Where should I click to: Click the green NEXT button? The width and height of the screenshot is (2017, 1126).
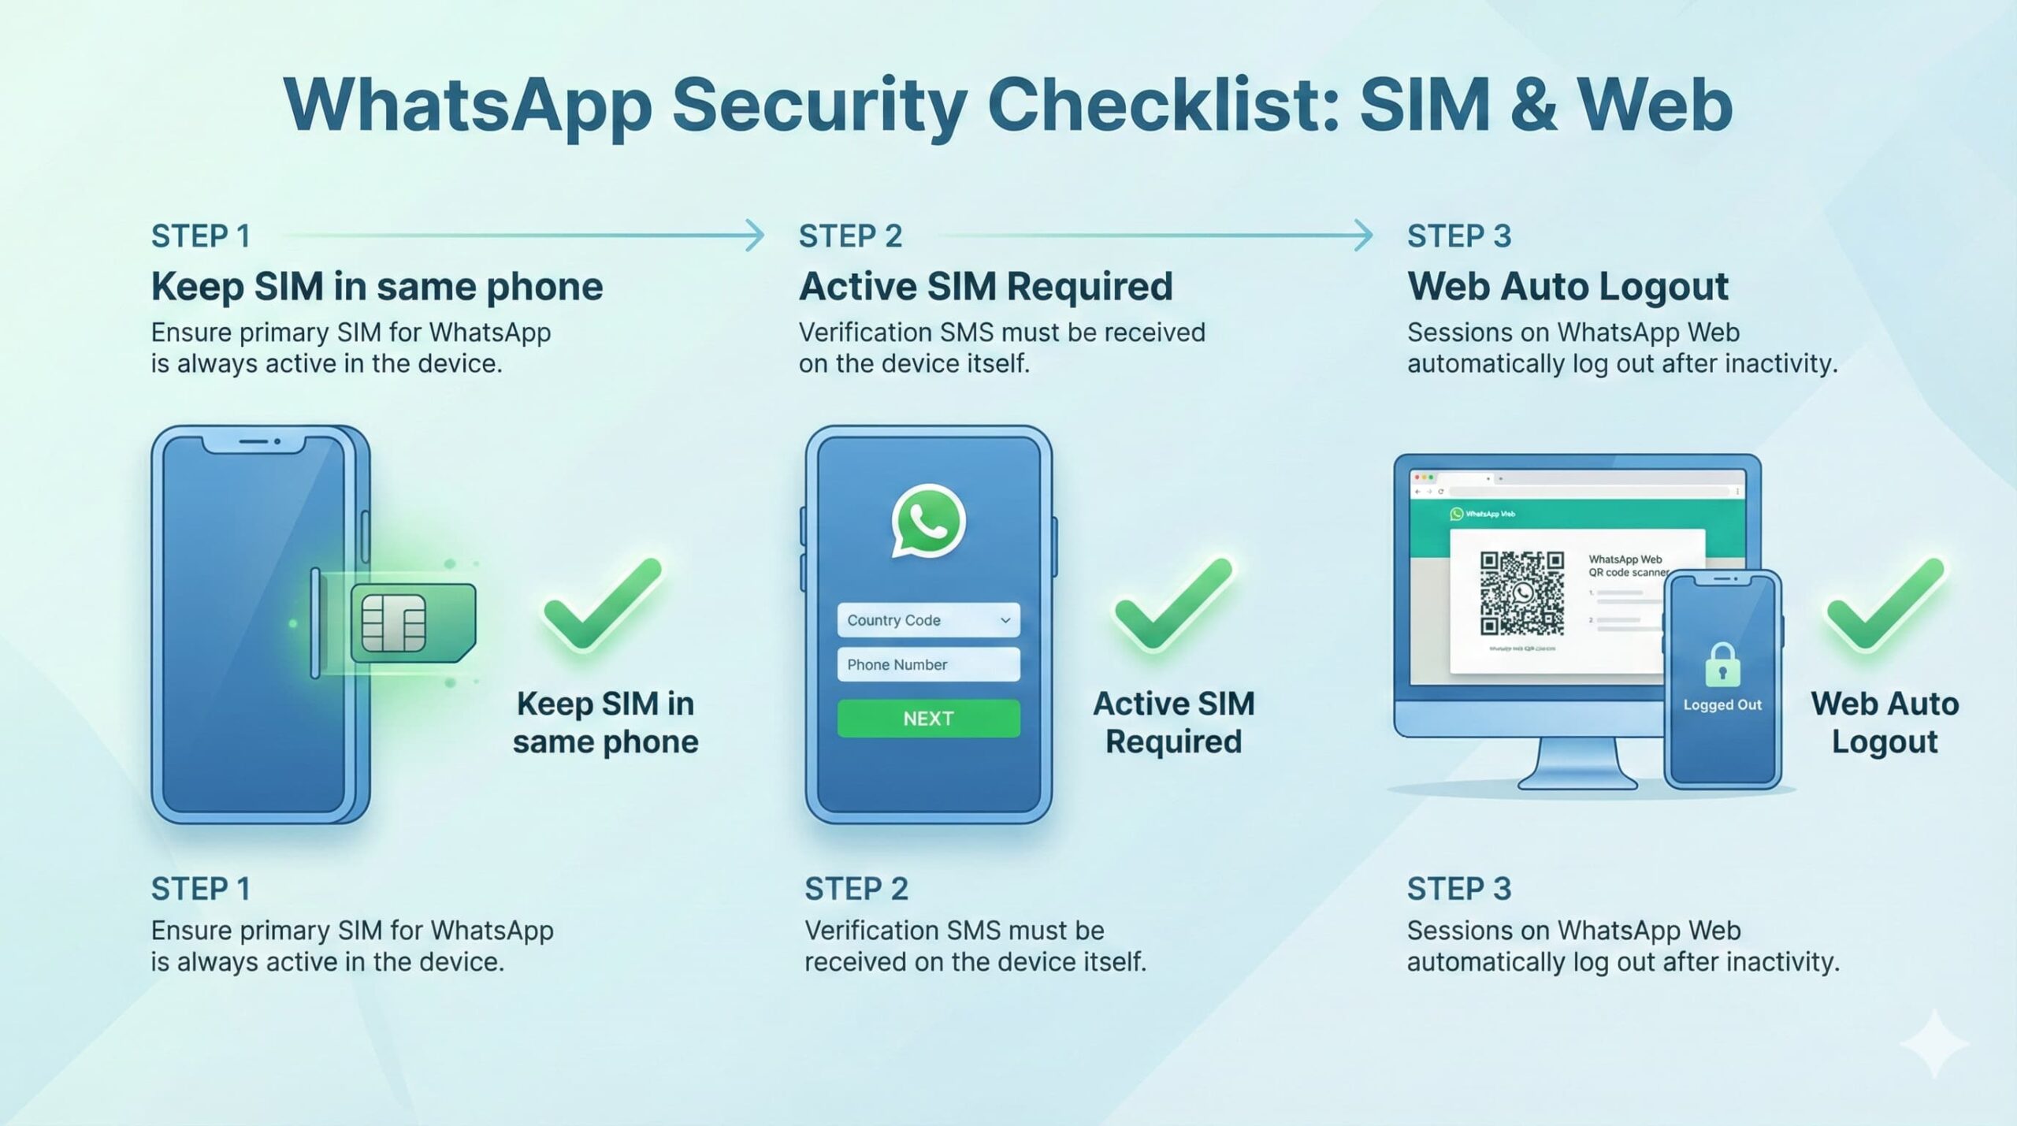(928, 719)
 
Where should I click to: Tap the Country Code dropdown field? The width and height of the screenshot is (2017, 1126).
(928, 620)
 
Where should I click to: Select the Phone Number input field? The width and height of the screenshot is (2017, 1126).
(928, 664)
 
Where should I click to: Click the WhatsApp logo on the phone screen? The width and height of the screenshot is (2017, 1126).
(928, 521)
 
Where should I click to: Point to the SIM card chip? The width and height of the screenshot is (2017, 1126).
(393, 623)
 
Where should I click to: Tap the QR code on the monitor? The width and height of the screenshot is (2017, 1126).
(1521, 593)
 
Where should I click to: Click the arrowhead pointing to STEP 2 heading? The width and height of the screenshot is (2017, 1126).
(755, 236)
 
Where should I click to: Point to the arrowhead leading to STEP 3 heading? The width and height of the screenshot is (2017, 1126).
(1363, 236)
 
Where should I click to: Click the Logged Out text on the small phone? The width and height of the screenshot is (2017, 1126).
(1722, 705)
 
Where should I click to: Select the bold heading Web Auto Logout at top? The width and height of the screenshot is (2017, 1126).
(1568, 286)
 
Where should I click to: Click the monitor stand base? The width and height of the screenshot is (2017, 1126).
(1577, 780)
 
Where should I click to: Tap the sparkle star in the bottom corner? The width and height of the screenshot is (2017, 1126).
(1935, 1043)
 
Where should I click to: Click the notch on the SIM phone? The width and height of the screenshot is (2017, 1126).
(254, 443)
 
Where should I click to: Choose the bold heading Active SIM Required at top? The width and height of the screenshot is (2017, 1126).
(986, 286)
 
